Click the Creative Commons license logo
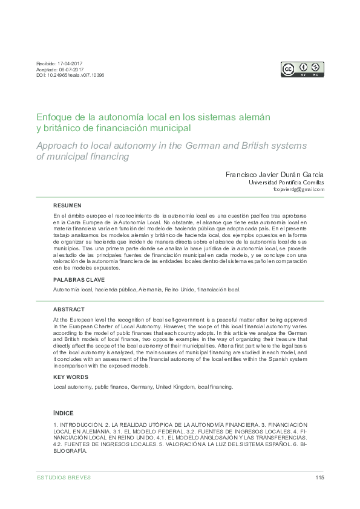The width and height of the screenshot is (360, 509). (x=302, y=69)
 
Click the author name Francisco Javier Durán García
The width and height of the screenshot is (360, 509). (x=274, y=173)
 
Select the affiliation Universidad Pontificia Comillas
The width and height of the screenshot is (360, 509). (x=287, y=182)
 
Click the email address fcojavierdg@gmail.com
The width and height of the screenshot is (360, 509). (x=299, y=189)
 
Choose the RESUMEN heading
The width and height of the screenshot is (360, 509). (x=67, y=206)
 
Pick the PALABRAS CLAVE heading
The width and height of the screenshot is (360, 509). (x=79, y=280)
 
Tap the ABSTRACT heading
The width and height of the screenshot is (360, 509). (x=68, y=308)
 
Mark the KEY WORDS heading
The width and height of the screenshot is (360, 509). (x=71, y=377)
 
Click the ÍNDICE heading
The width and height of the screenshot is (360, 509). (x=64, y=413)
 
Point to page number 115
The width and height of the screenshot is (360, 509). (x=320, y=478)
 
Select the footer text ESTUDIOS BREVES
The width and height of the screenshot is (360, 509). (x=64, y=478)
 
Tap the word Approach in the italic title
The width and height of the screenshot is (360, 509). (x=59, y=146)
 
